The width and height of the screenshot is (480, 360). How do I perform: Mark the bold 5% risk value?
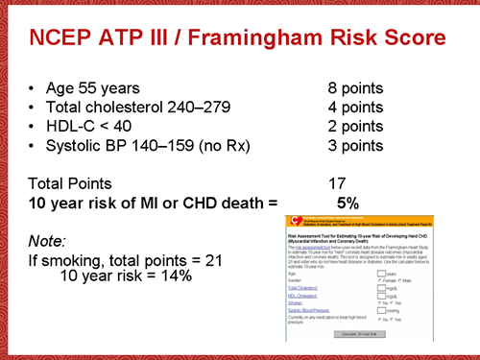pyautogui.click(x=347, y=203)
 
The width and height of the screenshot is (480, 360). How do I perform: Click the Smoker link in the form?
pyautogui.click(x=296, y=302)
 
